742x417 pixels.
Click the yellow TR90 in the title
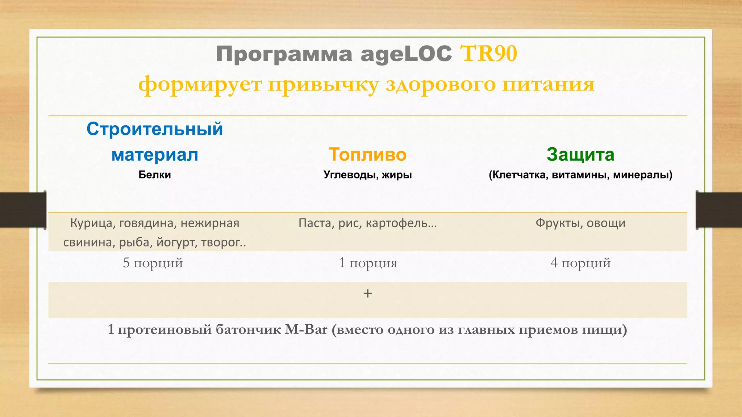[x=488, y=54]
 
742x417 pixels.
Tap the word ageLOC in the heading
[x=406, y=54]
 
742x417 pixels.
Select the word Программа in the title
[x=284, y=54]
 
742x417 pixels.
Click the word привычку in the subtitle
[x=323, y=85]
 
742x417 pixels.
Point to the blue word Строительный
[x=155, y=129]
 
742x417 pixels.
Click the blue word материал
[x=155, y=155]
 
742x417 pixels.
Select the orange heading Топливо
[x=367, y=155]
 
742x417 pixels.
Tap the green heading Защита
[x=580, y=155]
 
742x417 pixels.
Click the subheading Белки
[x=155, y=175]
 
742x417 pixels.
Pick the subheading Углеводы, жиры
[x=367, y=175]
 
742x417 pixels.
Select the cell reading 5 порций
[x=153, y=263]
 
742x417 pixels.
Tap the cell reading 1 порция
[x=367, y=263]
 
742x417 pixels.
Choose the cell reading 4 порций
[x=580, y=263]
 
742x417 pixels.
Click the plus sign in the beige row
[x=367, y=293]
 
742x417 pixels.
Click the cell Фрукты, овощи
[x=580, y=223]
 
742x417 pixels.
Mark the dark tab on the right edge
[x=719, y=210]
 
